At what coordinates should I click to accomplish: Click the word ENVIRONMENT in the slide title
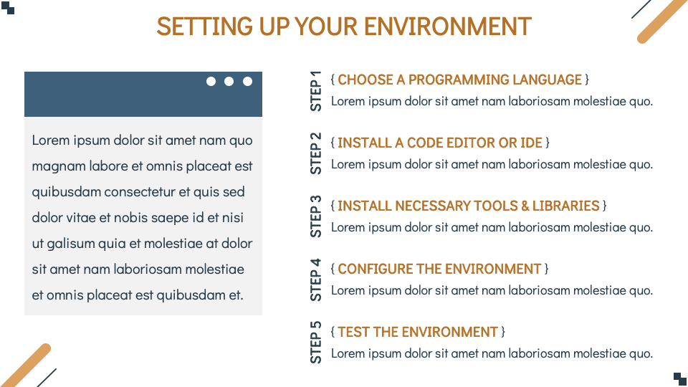[x=447, y=27]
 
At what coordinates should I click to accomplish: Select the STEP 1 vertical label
[x=316, y=90]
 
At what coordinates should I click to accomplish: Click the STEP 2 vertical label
[x=316, y=153]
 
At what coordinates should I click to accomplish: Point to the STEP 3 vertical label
[x=316, y=216]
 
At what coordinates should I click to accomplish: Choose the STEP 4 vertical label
[x=316, y=279]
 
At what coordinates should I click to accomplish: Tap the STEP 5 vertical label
[x=316, y=343]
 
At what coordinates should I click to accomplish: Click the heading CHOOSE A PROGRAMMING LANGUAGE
[x=459, y=80]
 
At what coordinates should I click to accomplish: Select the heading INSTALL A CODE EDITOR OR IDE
[x=439, y=143]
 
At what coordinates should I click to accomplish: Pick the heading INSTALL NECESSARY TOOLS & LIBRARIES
[x=468, y=206]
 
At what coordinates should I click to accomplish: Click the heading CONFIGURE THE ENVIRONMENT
[x=439, y=269]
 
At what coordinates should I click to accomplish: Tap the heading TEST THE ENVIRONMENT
[x=417, y=332]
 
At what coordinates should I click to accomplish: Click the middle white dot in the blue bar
[x=229, y=81]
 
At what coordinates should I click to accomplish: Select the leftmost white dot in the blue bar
[x=211, y=81]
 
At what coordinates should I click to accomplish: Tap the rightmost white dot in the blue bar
[x=248, y=81]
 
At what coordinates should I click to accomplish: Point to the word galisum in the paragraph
[x=70, y=244]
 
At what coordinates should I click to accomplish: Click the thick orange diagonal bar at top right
[x=662, y=21]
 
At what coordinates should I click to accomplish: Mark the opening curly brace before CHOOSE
[x=333, y=80]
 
